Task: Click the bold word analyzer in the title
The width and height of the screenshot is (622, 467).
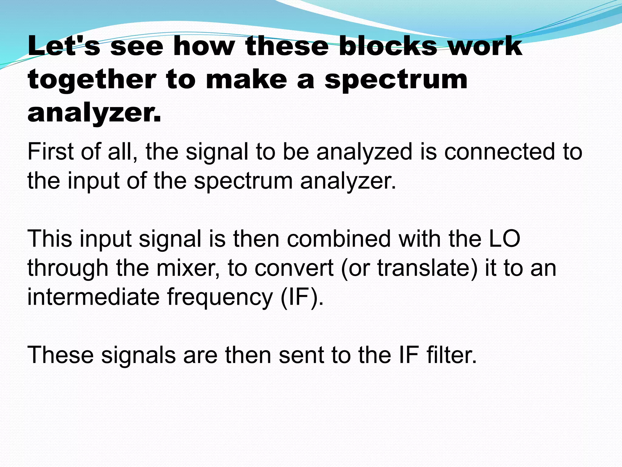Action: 94,113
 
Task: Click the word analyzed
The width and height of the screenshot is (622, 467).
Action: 364,152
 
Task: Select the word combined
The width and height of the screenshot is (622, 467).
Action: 339,239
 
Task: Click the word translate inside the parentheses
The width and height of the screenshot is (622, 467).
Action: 424,268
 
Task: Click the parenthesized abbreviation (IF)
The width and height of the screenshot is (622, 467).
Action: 302,297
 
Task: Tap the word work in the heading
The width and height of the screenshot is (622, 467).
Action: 485,46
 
